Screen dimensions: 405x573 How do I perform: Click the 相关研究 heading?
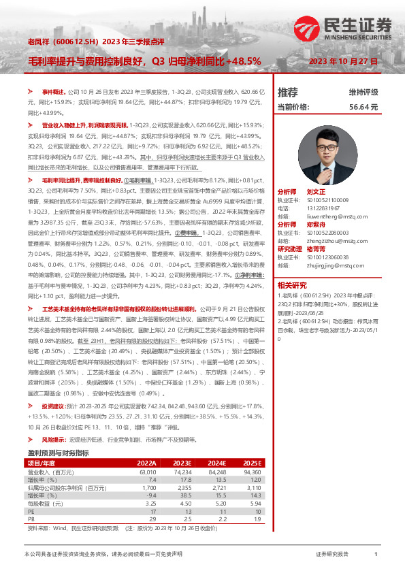click(x=291, y=285)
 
